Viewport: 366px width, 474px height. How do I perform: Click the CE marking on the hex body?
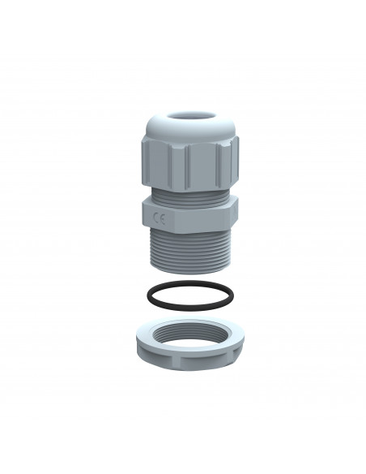pyautogui.click(x=159, y=217)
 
